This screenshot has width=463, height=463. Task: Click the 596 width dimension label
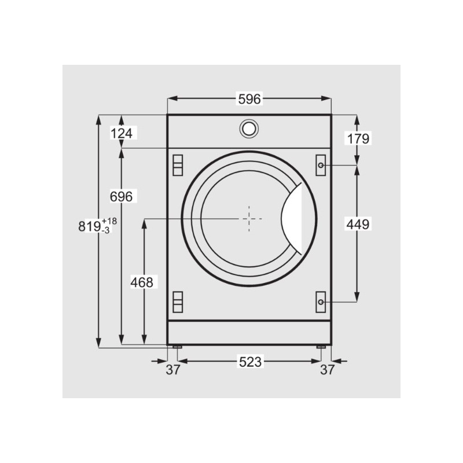pos(250,99)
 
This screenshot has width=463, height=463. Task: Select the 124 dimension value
pos(122,134)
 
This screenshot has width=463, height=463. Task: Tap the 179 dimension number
pos(358,138)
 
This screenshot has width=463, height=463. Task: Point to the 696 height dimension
pos(122,197)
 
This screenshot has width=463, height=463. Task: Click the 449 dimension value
pos(358,223)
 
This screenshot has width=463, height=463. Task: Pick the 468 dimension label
pos(141,282)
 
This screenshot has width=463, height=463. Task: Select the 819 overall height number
pos(90,227)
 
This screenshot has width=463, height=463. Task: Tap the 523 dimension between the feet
pos(251,362)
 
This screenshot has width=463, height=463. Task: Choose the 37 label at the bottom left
pos(172,370)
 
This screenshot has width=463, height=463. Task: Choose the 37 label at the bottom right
pos(328,370)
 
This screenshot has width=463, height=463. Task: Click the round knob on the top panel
pos(249,128)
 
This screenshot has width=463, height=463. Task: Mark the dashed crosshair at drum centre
pos(249,219)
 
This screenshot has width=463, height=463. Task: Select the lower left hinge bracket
pos(178,300)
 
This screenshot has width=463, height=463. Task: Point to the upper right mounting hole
pos(321,165)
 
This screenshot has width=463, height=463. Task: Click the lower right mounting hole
pos(321,302)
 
